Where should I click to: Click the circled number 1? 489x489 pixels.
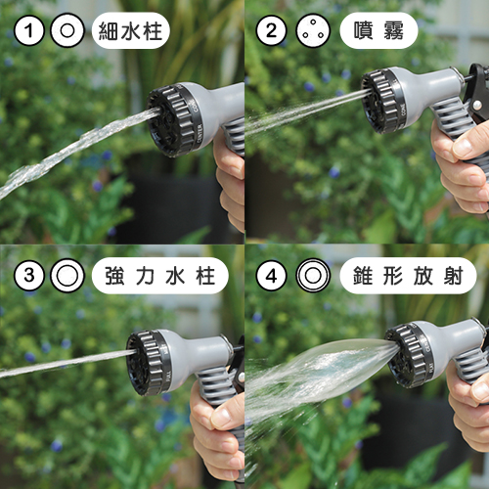click(x=29, y=31)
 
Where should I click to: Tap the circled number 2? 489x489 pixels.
click(x=271, y=31)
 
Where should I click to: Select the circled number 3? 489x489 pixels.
click(x=29, y=276)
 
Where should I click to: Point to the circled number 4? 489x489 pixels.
click(x=271, y=276)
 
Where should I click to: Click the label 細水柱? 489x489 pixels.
click(x=130, y=31)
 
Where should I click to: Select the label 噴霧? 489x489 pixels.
click(x=378, y=31)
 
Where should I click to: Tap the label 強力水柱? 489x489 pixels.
click(x=159, y=276)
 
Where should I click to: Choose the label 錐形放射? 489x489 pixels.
click(x=408, y=276)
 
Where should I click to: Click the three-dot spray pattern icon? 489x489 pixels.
click(x=313, y=31)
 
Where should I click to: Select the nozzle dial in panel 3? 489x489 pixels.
click(x=150, y=363)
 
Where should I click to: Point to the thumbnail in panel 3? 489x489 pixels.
click(x=224, y=416)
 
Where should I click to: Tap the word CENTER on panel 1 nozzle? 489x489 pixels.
click(x=200, y=133)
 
